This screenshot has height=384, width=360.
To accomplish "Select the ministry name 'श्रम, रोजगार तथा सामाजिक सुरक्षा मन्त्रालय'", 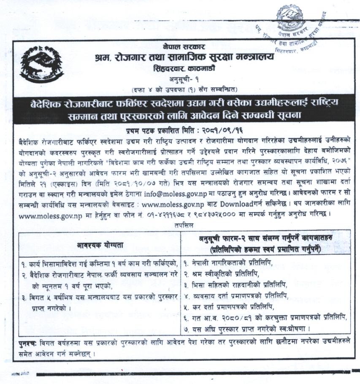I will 184,57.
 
